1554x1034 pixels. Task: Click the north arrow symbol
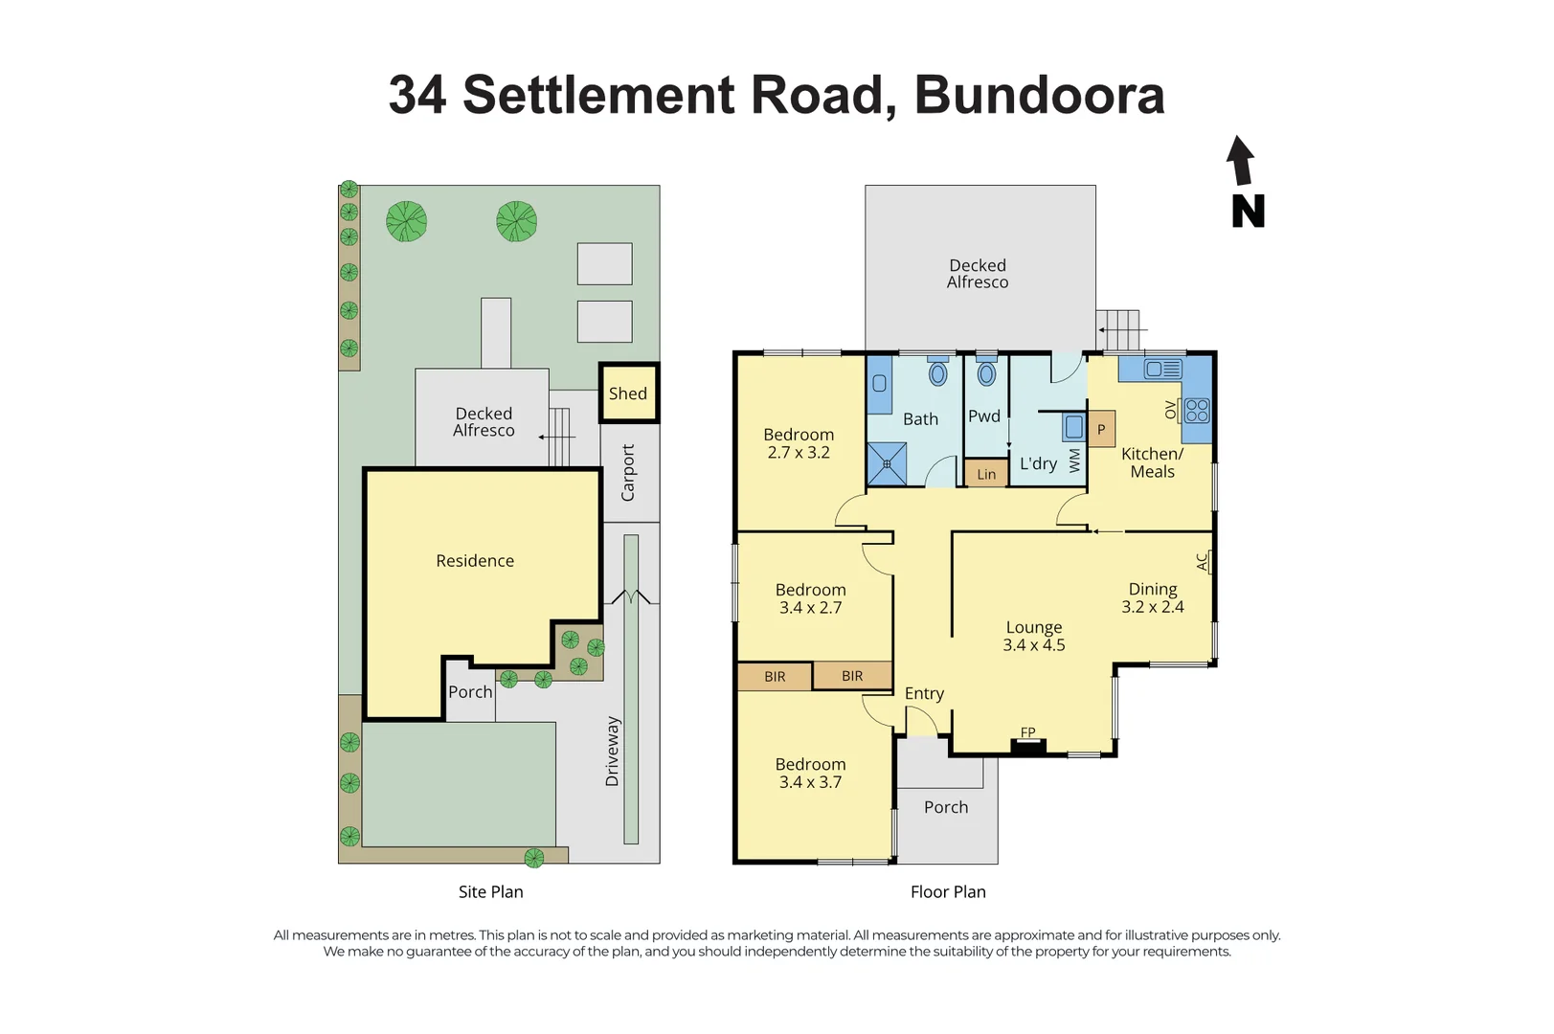(1241, 161)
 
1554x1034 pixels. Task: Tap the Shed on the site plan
(628, 393)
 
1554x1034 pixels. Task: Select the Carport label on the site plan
(628, 472)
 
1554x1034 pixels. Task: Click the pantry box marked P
(1101, 429)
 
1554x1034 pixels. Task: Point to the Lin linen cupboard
(986, 474)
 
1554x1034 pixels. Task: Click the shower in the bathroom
(887, 463)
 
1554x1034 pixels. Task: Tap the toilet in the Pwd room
(986, 374)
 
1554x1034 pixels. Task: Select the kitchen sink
(1163, 369)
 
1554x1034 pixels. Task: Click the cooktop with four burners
(1197, 411)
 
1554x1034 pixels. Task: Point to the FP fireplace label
(1027, 732)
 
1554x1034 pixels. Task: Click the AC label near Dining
(1203, 562)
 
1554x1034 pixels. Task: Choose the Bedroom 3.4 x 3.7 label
(810, 773)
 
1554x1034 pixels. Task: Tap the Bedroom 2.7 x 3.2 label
(799, 443)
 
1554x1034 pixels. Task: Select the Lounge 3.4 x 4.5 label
(1033, 636)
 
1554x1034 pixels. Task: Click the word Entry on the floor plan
(924, 693)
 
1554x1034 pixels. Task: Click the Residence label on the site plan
(475, 561)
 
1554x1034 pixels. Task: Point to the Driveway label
(613, 752)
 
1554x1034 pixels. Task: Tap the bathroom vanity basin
(879, 384)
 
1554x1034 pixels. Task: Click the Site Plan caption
(490, 891)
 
